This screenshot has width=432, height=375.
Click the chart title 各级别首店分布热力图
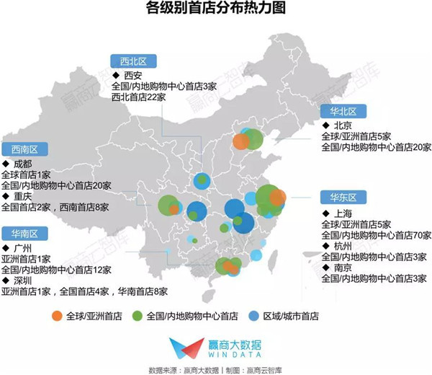[x=215, y=9]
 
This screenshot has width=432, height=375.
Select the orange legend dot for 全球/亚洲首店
[x=57, y=316]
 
